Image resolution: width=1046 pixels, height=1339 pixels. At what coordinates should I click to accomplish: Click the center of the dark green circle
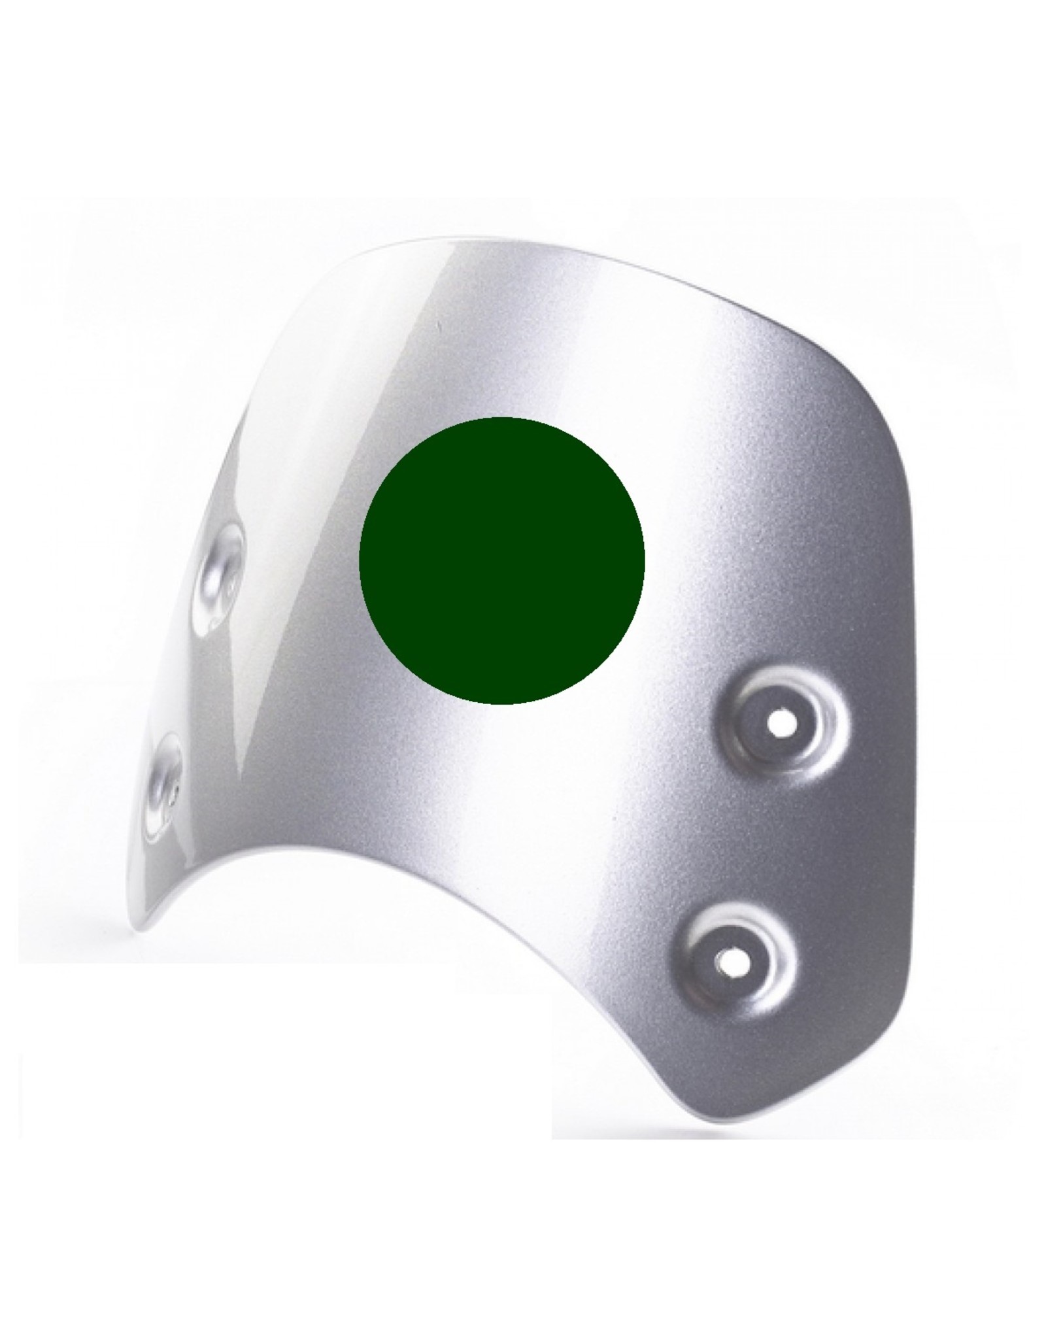pos(502,560)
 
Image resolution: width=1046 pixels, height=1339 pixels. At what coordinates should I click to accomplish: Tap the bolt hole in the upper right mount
pos(777,724)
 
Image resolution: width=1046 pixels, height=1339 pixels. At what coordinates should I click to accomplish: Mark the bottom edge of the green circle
pos(502,703)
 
